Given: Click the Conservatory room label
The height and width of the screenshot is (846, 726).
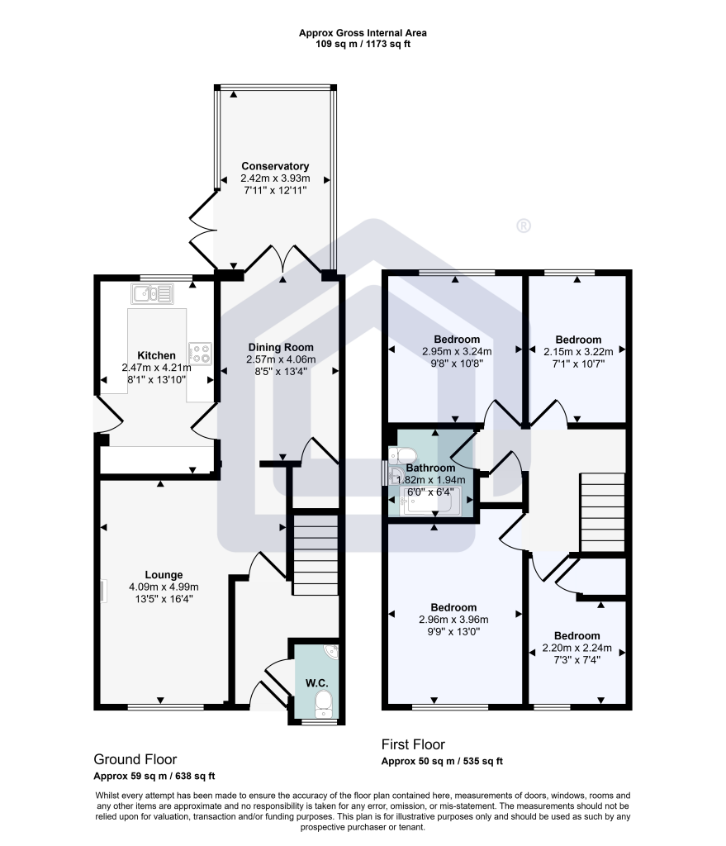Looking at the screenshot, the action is click(x=275, y=166).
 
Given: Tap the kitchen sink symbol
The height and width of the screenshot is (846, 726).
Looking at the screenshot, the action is click(x=152, y=294).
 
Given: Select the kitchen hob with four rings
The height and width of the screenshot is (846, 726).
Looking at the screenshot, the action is click(x=200, y=354).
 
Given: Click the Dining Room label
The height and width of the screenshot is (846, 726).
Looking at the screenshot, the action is click(x=281, y=348).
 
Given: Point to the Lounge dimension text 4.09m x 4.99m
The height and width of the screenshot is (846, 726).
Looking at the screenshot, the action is click(x=164, y=587).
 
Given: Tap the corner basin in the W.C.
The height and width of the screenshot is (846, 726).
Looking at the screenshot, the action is click(x=330, y=652).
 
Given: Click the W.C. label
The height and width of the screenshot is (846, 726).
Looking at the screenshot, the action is click(x=316, y=683).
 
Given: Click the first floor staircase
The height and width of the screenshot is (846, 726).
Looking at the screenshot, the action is click(x=602, y=512).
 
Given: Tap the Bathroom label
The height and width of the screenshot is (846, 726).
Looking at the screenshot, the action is click(x=430, y=468).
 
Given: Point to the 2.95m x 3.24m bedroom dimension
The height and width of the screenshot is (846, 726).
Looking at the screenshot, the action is click(x=457, y=351).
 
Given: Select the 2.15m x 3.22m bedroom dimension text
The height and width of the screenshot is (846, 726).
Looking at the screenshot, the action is click(x=578, y=352).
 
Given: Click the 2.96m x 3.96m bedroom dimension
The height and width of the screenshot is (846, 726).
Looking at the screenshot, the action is click(x=453, y=620).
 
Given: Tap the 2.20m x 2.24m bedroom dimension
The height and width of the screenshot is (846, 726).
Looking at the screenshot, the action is click(x=577, y=648).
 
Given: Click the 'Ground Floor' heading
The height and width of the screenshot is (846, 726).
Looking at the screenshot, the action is click(x=135, y=760).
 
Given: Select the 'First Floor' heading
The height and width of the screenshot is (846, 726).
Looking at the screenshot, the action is click(x=413, y=744).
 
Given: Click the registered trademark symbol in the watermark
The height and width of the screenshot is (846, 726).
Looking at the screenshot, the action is click(x=523, y=226).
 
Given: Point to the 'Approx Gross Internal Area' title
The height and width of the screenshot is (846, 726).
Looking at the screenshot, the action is click(x=363, y=33).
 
